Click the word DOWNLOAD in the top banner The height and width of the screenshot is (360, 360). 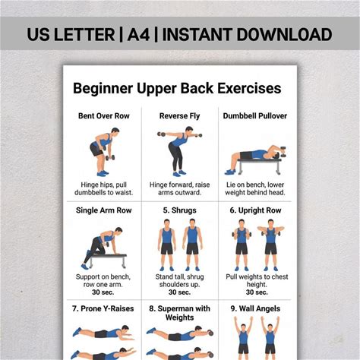tap(284, 34)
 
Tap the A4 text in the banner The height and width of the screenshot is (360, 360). tap(138, 34)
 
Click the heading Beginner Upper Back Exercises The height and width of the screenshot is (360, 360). tap(177, 88)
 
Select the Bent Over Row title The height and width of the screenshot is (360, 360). tap(104, 116)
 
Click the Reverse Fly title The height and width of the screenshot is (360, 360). tap(179, 116)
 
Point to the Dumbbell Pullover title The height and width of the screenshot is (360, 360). tap(255, 116)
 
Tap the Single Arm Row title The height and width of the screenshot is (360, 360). tap(104, 210)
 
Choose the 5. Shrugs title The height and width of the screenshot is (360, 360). tap(179, 210)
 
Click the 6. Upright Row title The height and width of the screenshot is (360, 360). tap(255, 210)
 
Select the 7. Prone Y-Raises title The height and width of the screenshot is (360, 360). tap(103, 308)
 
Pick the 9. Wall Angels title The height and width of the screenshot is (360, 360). tap(255, 308)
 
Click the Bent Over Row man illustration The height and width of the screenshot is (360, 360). tap(103, 152)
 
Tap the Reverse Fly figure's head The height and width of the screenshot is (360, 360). tap(189, 129)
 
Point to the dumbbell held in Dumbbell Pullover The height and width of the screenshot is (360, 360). tap(283, 151)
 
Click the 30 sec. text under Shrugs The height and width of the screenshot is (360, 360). tap(179, 292)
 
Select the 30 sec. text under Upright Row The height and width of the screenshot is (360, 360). tap(257, 292)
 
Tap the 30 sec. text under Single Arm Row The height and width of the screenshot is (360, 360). tap(103, 292)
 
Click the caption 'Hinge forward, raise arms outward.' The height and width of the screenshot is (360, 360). tap(179, 188)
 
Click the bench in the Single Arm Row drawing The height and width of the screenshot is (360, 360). tap(108, 260)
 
